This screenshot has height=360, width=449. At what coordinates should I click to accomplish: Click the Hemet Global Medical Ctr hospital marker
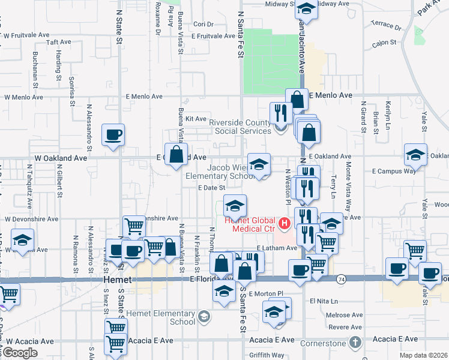(x=285, y=226)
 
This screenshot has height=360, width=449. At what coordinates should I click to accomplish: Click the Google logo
(x=20, y=353)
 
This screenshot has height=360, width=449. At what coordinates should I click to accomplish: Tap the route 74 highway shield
(x=340, y=279)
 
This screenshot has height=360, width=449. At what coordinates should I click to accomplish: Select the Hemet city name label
(x=113, y=280)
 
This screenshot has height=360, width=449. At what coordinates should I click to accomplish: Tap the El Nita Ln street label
(x=325, y=301)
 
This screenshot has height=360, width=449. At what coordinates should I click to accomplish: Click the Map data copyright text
(x=423, y=355)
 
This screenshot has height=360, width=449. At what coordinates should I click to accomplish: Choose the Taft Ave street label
(x=59, y=43)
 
